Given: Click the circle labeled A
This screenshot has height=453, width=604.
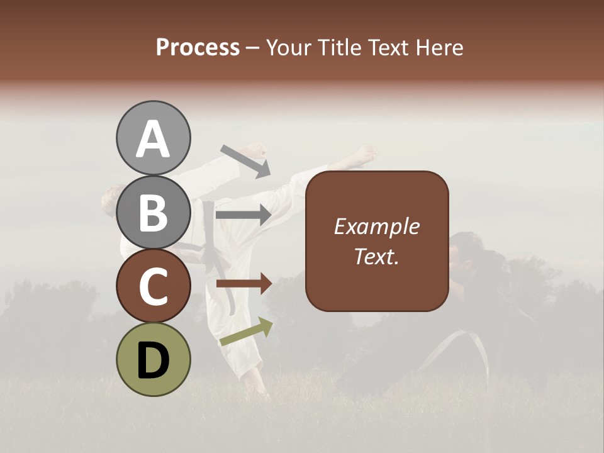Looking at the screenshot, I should click(153, 138).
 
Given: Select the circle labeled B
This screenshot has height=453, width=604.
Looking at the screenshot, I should click(153, 212).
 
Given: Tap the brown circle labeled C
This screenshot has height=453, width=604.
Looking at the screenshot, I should click(153, 286).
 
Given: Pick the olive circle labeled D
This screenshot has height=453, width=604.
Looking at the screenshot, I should click(153, 359).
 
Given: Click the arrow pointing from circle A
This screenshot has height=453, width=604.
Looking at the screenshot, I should click(245, 161).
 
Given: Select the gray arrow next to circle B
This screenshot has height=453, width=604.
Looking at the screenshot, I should click(243, 215).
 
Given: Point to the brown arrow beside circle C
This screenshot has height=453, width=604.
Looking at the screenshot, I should click(243, 284).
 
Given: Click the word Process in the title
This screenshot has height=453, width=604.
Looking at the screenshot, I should click(198, 47).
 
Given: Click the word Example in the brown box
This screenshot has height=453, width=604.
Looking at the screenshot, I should click(377, 226).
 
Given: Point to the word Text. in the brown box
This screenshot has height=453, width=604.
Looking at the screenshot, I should click(377, 256).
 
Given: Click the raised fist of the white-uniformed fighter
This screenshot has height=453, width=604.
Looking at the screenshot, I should click(255, 151).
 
